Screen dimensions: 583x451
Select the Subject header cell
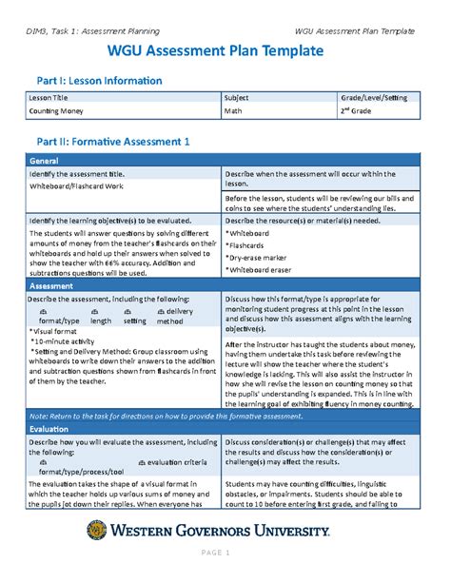pos(238,98)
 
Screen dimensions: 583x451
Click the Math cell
pos(233,111)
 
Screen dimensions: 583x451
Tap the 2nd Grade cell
pos(361,111)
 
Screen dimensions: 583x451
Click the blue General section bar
pos(225,161)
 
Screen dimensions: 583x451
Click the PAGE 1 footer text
pos(225,553)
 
